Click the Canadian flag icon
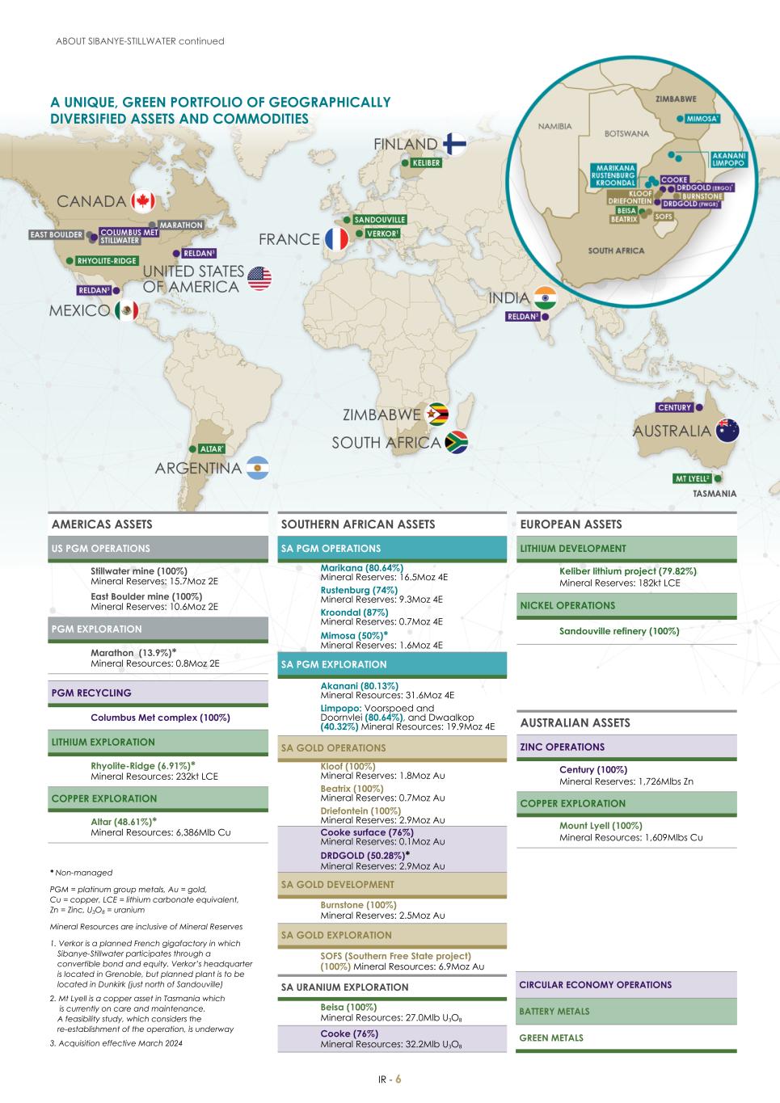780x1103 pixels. [142, 201]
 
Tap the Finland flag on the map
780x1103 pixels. [455, 144]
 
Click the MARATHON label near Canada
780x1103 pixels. [180, 225]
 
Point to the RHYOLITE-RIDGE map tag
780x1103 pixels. [107, 261]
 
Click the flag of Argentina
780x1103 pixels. [257, 468]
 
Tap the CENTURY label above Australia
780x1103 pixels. [674, 407]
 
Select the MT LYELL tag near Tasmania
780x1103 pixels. [692, 478]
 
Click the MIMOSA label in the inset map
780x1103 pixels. [702, 119]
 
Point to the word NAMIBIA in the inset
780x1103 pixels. [554, 126]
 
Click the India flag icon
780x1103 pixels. [546, 298]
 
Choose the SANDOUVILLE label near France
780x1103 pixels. [379, 220]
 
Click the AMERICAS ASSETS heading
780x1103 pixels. [102, 524]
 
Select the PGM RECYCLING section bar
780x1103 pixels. [158, 693]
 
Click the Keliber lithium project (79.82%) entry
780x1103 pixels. [627, 571]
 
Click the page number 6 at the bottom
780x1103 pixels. [398, 1080]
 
